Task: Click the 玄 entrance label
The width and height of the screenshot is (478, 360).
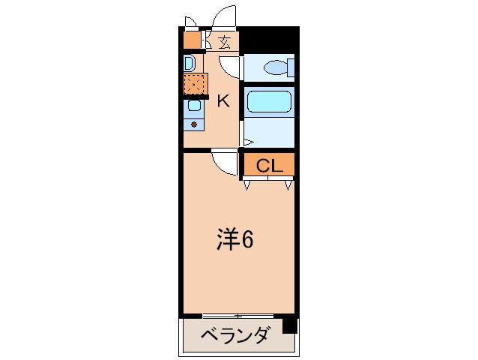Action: (225, 43)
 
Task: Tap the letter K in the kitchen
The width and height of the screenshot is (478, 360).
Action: (223, 101)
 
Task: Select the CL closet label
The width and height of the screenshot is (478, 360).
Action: (270, 166)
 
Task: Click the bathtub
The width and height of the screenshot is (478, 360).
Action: (269, 101)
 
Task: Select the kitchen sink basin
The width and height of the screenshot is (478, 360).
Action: (194, 106)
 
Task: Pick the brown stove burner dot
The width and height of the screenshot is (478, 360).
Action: (194, 124)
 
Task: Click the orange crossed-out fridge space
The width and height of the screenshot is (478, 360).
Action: (195, 84)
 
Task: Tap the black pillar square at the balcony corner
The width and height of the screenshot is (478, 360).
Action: (290, 325)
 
